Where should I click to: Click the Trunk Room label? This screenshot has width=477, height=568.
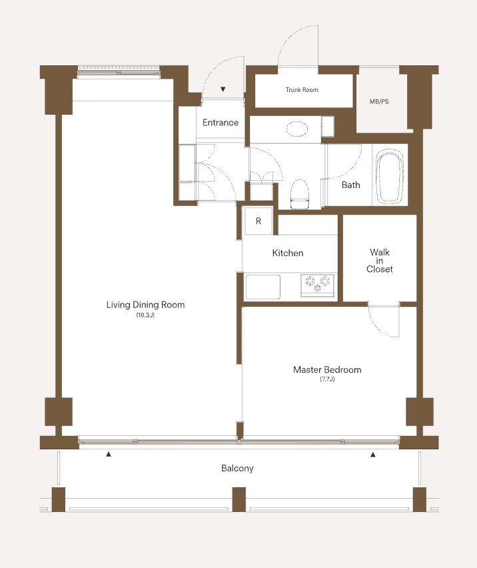302,90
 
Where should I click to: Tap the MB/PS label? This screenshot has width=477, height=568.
379,102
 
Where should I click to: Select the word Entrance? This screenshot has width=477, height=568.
221,123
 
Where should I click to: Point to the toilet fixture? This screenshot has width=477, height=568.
300,194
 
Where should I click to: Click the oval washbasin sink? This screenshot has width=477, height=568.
297,129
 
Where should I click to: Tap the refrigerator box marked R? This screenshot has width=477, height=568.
258,221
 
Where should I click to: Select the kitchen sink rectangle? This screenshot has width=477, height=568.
262,287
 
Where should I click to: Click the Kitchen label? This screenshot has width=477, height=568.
288,253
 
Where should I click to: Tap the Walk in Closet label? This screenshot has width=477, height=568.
379,261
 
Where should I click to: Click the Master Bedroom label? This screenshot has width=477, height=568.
327,369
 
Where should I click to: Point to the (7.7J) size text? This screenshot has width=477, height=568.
327,379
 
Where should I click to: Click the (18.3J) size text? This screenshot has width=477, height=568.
145,315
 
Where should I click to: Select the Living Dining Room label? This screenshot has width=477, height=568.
145,305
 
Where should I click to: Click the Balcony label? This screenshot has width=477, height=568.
237,468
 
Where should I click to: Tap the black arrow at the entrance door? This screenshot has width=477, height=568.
223,89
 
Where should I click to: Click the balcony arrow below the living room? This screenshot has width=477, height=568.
108,454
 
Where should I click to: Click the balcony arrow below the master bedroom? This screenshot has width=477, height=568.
373,454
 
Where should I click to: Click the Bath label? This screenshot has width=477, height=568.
350,185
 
